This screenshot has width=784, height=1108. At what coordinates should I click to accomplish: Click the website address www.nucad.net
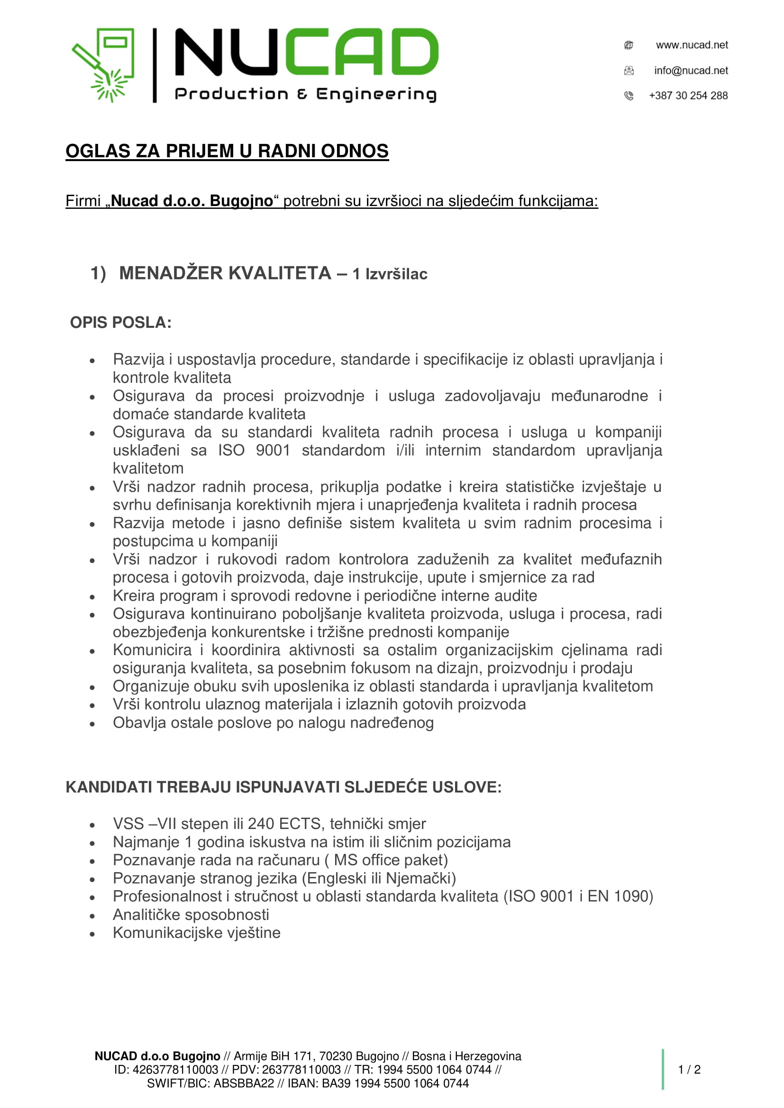pos(691,45)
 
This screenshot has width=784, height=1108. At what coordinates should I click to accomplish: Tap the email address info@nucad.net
pos(690,71)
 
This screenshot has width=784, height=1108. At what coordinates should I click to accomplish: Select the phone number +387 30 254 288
pos(688,96)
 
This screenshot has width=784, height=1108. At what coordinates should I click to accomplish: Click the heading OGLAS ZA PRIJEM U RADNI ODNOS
pos(227,151)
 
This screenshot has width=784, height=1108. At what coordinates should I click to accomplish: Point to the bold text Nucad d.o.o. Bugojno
pos(192,201)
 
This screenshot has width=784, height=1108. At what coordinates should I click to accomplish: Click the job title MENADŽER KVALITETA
pos(225,273)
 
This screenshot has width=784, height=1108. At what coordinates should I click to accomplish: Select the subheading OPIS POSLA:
pos(121,323)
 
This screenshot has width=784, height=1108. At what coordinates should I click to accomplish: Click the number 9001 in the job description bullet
pos(273,450)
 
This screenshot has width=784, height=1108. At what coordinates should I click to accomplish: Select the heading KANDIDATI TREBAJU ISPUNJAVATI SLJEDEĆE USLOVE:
pos(283,787)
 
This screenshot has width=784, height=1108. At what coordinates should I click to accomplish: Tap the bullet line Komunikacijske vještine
pos(197,933)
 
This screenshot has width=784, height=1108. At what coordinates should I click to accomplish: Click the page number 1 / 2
pos(689,1070)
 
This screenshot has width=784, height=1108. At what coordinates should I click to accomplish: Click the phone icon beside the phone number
pos(629,96)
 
